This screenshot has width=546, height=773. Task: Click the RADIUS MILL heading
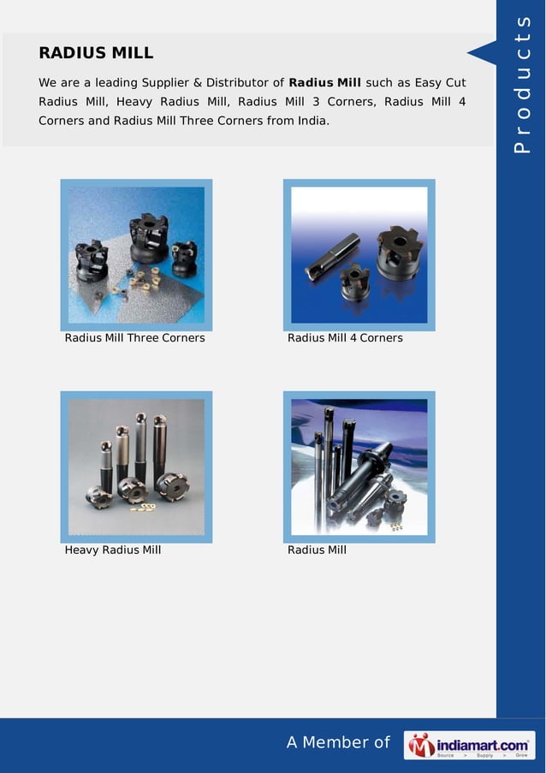pos(96,53)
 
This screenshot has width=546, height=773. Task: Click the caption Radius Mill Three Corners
pos(135,338)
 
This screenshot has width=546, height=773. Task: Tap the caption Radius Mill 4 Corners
pos(345,338)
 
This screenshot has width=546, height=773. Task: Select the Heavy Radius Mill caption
pos(113,550)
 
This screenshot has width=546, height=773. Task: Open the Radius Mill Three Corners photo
pos(136,254)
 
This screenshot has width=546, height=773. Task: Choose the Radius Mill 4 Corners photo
pos(359,254)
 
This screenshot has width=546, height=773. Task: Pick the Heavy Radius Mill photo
pos(136,467)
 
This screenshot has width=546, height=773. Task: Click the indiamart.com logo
pos(469,745)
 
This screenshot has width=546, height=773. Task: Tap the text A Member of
pos(338,742)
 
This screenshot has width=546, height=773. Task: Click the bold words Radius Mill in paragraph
pos(325,83)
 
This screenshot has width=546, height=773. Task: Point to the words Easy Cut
pos(440,83)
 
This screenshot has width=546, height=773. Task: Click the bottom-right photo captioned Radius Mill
pos(359,467)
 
